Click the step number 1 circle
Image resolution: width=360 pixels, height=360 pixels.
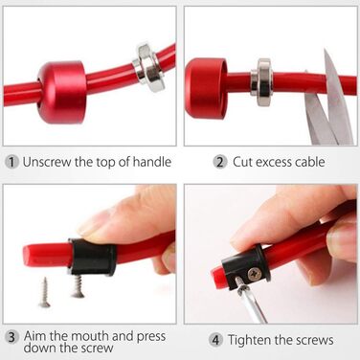[11, 162]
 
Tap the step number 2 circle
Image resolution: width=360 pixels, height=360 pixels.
[220, 162]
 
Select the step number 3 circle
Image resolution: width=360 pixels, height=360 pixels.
[11, 337]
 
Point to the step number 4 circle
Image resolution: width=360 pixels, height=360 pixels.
[215, 340]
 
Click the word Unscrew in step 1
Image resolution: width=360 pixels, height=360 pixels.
[47, 162]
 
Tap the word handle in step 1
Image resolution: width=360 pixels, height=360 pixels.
[152, 162]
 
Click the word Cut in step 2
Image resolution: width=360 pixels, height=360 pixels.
[242, 162]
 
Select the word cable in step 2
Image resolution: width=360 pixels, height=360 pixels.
[309, 162]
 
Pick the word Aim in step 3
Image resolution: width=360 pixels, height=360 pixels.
[35, 336]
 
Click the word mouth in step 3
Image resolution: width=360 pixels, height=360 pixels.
[90, 336]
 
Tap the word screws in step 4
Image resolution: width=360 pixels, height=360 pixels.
[314, 340]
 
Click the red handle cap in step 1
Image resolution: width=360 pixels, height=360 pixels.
[61, 92]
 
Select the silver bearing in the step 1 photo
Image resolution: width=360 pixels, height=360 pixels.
[148, 68]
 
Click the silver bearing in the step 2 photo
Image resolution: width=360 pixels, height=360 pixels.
[260, 82]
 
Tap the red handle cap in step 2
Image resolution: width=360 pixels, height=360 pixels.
[206, 88]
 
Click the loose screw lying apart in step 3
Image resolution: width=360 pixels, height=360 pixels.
[45, 293]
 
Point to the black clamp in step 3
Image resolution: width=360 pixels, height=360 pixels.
[92, 257]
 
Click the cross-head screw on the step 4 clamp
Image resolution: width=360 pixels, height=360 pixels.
[255, 274]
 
